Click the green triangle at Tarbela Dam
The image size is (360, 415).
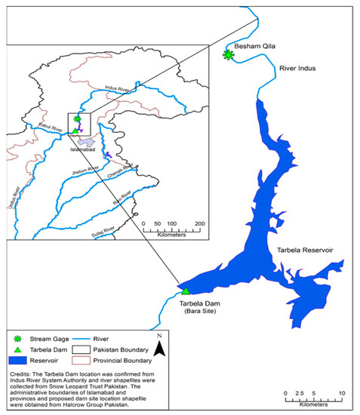[x=185, y=290]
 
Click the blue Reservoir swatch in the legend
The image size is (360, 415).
[x=21, y=363]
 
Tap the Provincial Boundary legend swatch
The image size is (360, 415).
[x=107, y=363]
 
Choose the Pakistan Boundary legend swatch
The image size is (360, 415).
[x=107, y=352]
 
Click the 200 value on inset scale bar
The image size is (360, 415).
[x=200, y=224]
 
